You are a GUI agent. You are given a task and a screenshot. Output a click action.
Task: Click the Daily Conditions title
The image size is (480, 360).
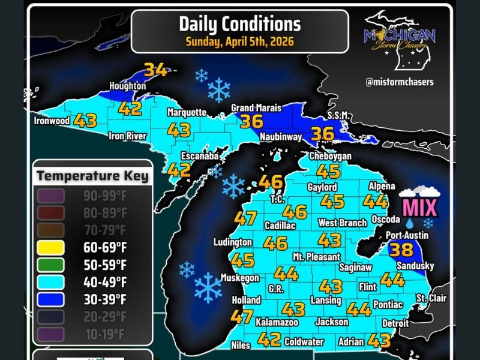coord(239,24)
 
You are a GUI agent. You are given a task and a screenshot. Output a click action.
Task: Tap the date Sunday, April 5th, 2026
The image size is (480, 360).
coord(239,42)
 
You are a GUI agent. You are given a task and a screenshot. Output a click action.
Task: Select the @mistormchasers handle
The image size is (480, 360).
coord(400,82)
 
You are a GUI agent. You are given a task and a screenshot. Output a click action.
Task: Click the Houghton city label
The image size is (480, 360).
coord(127,86)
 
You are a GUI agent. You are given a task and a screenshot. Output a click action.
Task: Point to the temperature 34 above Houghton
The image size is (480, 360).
coord(155,70)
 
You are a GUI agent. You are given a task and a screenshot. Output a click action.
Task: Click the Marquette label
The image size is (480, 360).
coord(187,112)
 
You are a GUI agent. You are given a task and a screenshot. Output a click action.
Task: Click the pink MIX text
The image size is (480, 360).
coord(419,208)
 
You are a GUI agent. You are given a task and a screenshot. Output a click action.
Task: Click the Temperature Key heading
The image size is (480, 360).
coord(92,176)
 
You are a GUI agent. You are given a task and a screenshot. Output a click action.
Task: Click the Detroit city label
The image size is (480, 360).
coord(395,323)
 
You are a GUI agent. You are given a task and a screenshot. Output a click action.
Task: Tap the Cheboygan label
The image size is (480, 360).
coord(330,156)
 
